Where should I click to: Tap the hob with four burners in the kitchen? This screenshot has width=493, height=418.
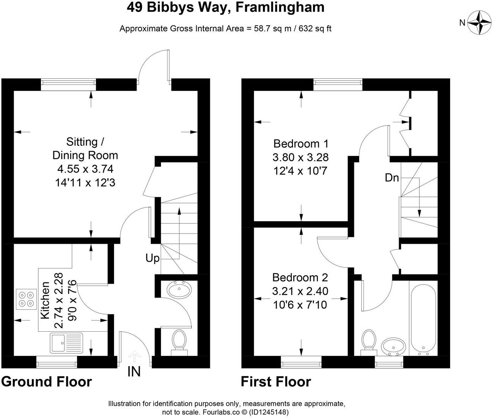point(26,299)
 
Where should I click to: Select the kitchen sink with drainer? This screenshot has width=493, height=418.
point(66,343)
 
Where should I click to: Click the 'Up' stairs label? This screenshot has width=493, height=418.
point(152,259)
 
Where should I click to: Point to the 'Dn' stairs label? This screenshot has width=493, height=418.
point(392,178)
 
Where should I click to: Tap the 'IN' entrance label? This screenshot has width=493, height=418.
point(134,371)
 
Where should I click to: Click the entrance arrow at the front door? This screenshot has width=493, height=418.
point(135,357)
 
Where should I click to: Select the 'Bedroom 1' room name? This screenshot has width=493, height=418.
point(301,144)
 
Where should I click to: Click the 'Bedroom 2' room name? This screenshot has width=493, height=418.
point(300,278)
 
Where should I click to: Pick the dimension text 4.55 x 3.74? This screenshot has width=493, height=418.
point(85,169)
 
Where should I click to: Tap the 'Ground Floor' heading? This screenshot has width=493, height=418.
point(47,382)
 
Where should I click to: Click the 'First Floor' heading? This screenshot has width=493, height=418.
point(276,382)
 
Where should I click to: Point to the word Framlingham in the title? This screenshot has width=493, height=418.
point(280,8)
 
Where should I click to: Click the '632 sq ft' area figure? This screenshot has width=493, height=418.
point(315,29)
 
